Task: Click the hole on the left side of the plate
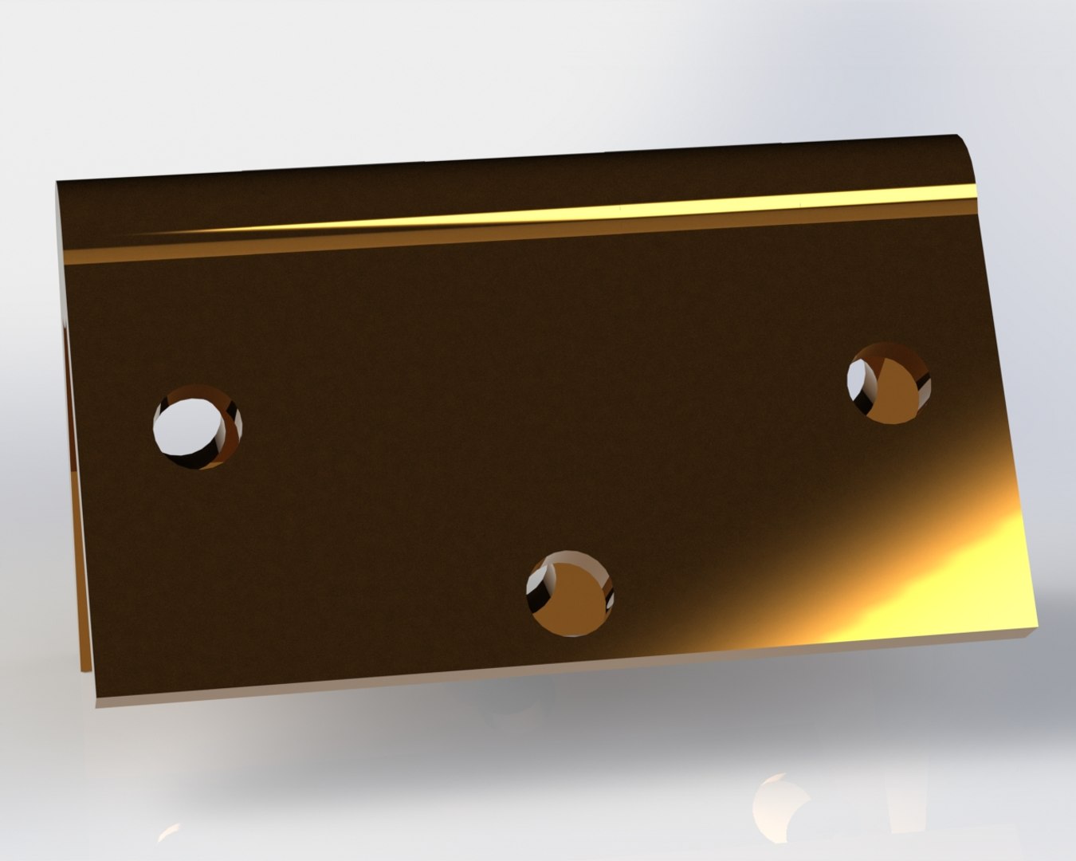point(197,427)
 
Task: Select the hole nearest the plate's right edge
point(886,383)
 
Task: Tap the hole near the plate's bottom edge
point(570,592)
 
